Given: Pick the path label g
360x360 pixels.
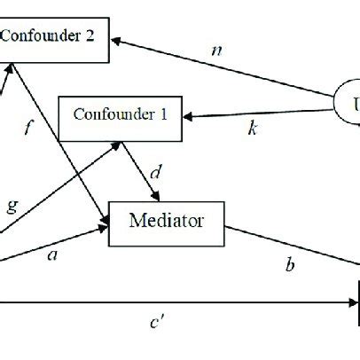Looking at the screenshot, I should click(x=12, y=206).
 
